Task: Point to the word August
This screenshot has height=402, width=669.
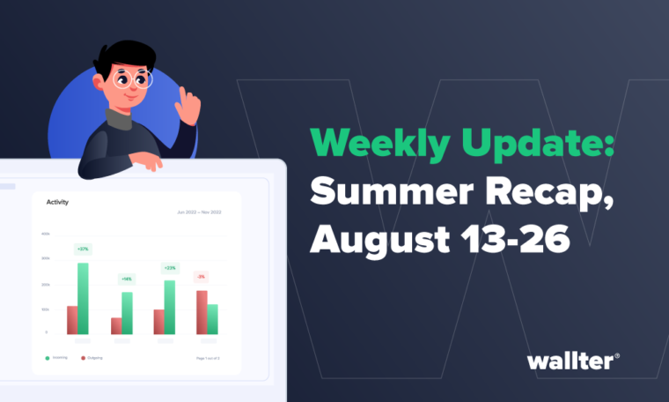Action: click(x=377, y=238)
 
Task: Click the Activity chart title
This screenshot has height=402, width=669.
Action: click(x=57, y=202)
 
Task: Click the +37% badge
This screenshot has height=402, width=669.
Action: click(x=83, y=249)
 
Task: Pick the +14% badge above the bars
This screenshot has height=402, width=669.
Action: click(x=127, y=279)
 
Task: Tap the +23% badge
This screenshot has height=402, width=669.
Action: click(x=169, y=267)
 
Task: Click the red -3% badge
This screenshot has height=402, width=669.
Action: click(x=201, y=277)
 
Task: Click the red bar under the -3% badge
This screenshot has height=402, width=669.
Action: click(x=202, y=312)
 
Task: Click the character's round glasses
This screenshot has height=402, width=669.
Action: click(x=135, y=78)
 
